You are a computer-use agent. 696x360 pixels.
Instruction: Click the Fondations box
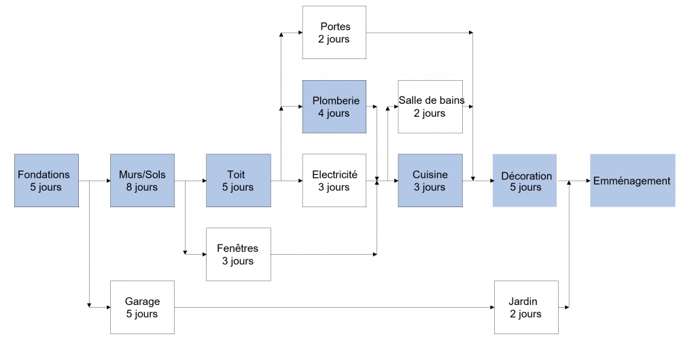click(47, 181)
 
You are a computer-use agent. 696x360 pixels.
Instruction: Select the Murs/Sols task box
click(143, 181)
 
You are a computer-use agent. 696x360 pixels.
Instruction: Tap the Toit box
click(239, 181)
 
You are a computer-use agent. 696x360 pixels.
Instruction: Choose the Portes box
click(334, 33)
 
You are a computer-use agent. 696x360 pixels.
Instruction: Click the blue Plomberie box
click(334, 107)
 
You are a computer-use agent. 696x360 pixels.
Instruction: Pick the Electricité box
click(334, 181)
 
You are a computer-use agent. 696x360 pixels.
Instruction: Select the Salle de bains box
click(430, 107)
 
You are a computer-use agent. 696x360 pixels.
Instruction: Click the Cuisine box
click(430, 181)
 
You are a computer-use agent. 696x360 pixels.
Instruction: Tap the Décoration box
click(525, 181)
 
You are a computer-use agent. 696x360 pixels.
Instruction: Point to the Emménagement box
click(633, 181)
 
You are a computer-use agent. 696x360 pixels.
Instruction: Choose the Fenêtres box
click(239, 254)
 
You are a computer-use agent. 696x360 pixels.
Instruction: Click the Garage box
click(143, 307)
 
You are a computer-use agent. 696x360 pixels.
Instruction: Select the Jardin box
click(527, 307)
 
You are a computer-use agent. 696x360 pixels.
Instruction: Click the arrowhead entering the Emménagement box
click(588, 181)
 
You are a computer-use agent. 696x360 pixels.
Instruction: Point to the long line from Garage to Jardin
click(334, 307)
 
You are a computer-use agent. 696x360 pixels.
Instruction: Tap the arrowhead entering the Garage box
click(108, 307)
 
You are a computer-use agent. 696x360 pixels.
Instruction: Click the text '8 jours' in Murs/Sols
click(141, 187)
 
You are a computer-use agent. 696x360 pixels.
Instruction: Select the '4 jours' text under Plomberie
click(334, 113)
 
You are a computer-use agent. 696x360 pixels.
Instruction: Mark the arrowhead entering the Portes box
click(300, 33)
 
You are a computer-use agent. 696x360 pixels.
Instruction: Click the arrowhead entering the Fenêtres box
click(204, 255)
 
